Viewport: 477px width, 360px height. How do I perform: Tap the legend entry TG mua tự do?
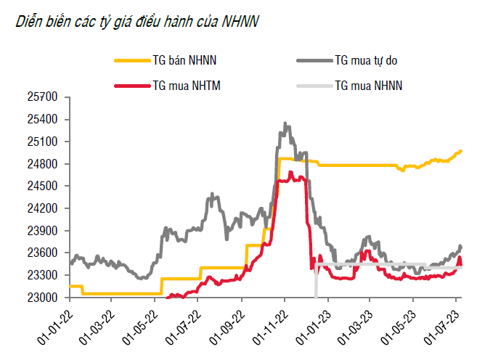click(x=367, y=62)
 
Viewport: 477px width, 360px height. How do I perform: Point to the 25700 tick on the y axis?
click(x=43, y=97)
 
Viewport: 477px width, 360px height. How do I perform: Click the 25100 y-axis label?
click(x=43, y=142)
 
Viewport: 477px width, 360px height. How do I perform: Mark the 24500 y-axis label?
click(x=43, y=187)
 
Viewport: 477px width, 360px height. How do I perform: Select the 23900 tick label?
click(x=43, y=231)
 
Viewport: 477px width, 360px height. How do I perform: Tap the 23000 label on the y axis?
click(x=43, y=298)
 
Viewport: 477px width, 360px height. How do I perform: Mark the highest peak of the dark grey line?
click(x=285, y=123)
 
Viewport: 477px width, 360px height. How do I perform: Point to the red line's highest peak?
click(x=290, y=172)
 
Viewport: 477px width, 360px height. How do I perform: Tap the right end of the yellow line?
click(x=461, y=151)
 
